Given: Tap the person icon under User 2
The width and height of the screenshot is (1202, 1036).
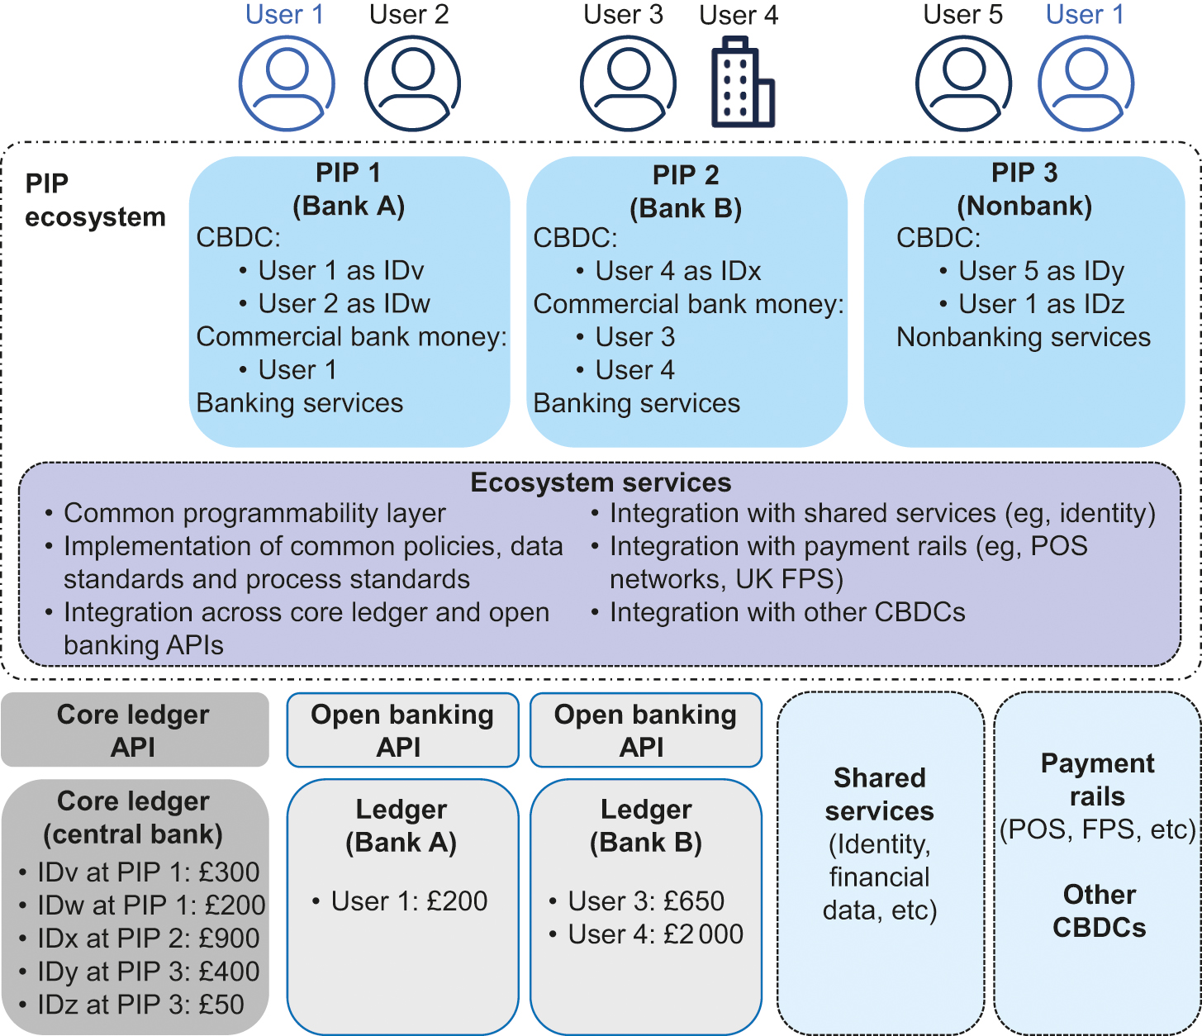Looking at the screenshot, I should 412,83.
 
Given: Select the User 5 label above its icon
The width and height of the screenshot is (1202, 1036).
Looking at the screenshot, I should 962,15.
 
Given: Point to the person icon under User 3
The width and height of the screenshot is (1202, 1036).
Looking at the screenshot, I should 628,83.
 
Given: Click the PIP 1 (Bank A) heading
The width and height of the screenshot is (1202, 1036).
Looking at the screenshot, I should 349,189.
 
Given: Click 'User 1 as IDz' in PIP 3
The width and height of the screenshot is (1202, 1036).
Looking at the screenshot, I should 1041,304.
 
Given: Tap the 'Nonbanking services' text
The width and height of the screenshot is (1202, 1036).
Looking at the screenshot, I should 1024,337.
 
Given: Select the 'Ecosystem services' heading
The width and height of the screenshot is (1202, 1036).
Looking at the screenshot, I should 601,482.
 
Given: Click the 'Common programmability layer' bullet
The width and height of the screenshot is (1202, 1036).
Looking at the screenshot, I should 254,513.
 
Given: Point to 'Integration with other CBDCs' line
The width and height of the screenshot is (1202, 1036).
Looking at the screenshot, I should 786,612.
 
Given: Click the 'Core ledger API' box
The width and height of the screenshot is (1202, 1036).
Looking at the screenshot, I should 134,730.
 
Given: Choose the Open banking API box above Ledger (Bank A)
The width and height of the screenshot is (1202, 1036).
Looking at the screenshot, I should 402,730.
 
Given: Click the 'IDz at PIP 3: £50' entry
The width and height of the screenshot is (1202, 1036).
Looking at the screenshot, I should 140,1005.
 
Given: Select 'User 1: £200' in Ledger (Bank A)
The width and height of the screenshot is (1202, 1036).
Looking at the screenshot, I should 409,901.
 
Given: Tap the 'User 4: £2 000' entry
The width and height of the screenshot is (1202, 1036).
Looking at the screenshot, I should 655,934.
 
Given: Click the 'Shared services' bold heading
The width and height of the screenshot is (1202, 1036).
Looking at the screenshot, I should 880,795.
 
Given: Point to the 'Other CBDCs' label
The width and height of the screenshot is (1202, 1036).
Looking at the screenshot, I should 1099,911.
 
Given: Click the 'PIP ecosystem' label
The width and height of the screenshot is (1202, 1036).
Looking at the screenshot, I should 95,200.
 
